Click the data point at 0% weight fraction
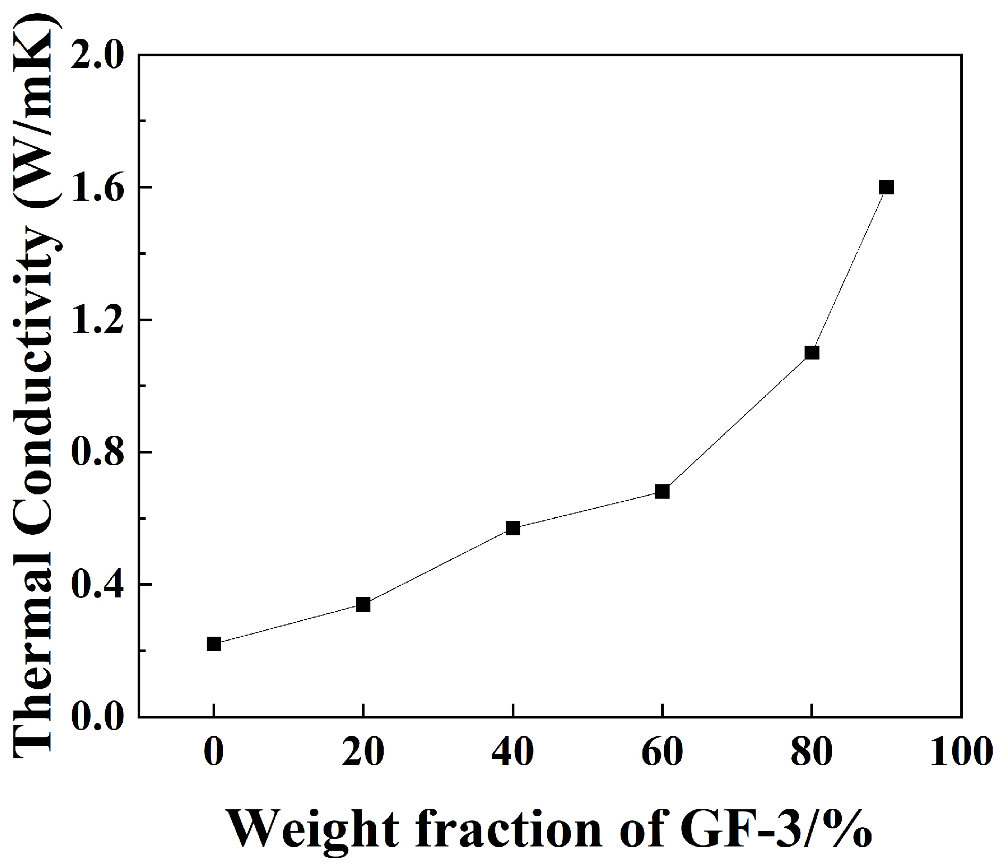[214, 644]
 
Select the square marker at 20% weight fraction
[363, 604]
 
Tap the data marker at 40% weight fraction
[513, 528]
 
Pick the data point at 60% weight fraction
[662, 491]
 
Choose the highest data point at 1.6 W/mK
[886, 187]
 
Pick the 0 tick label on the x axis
[214, 753]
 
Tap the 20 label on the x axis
[363, 753]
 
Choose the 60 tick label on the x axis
[662, 753]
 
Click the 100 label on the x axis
[961, 753]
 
